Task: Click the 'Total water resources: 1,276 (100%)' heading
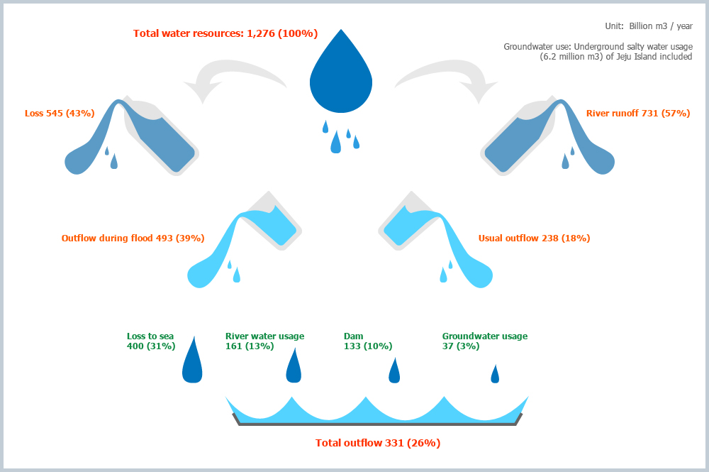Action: click(225, 33)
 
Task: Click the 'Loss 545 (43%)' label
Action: click(60, 113)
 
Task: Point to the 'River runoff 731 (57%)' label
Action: click(638, 113)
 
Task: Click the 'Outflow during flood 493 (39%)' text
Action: click(133, 238)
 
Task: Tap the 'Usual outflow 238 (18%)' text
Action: click(534, 238)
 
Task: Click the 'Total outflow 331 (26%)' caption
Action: click(378, 443)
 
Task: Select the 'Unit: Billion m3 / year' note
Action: click(649, 26)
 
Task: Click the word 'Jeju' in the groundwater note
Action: click(624, 57)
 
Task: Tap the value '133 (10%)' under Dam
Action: click(368, 346)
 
